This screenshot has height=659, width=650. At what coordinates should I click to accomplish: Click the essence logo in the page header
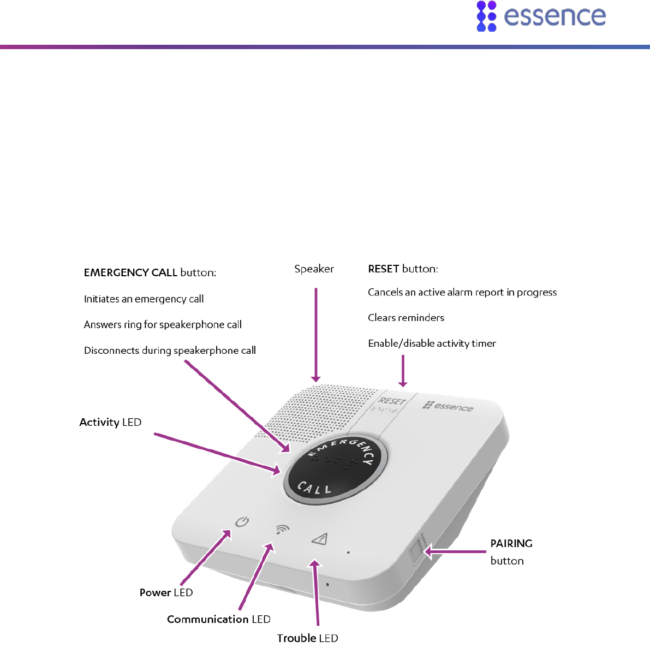[541, 16]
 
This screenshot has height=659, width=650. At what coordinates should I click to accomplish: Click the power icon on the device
[242, 522]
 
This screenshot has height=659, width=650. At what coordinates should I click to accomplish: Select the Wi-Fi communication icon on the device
[282, 529]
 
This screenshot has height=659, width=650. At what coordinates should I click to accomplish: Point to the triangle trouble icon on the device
[320, 539]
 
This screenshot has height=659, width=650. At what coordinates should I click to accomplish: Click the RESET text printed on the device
[392, 402]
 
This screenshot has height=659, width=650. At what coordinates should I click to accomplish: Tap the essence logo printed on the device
[448, 406]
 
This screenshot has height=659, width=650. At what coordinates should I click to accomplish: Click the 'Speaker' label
[314, 269]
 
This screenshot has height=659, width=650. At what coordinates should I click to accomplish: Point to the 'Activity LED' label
[110, 422]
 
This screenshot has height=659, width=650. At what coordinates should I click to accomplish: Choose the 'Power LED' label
[166, 592]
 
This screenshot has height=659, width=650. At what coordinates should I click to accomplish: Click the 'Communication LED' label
[218, 619]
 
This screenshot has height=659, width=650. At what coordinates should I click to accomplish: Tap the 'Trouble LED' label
[307, 638]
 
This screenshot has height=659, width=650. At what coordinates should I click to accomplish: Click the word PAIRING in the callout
[511, 543]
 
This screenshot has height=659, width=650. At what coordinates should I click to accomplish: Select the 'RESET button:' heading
[403, 269]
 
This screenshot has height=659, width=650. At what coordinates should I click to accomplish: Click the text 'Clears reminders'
[406, 318]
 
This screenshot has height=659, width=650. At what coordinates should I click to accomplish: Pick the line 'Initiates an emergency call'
[144, 299]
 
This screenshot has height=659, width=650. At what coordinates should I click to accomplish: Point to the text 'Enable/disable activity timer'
[432, 343]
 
